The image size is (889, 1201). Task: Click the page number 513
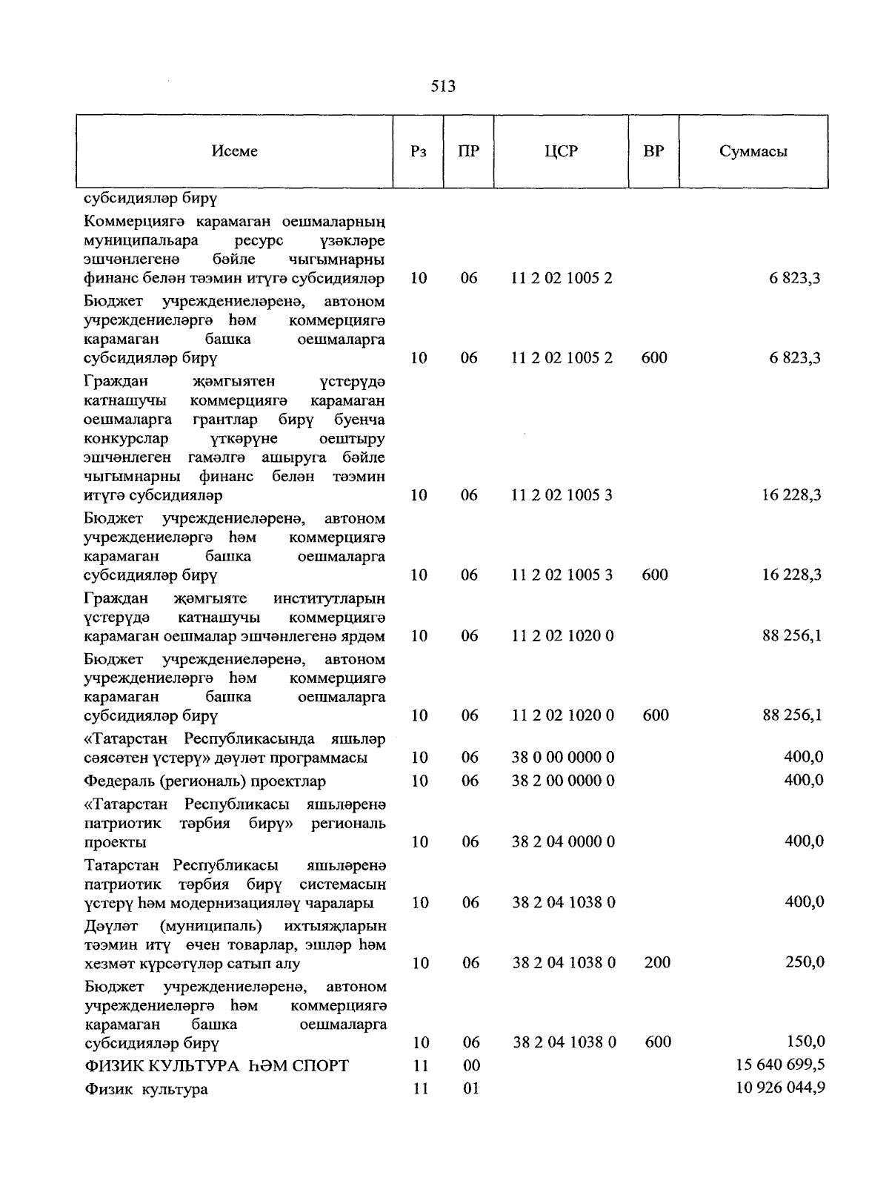point(443,87)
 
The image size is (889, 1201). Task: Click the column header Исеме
point(234,151)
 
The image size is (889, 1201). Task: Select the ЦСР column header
point(560,151)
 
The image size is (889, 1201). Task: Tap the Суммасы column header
point(753,152)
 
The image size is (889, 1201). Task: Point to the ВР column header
point(653,151)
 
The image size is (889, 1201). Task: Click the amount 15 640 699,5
point(780,1065)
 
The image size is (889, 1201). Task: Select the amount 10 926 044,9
point(780,1088)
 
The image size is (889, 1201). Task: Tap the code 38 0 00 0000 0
point(563,758)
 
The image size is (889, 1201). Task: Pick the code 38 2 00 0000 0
point(563,781)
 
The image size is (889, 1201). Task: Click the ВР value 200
point(657,962)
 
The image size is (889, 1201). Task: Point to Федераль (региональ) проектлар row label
point(205,781)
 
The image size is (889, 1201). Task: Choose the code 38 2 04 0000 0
point(563,841)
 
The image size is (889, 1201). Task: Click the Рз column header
point(418,151)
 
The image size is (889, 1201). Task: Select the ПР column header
point(468,151)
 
